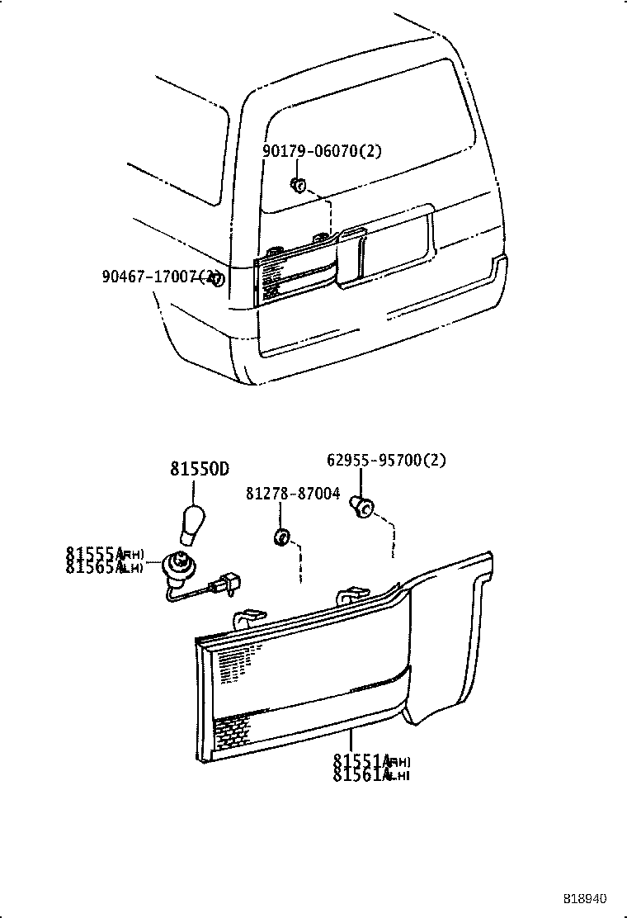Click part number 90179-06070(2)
[x=322, y=152]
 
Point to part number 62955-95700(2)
[x=385, y=461]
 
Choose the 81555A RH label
[x=105, y=553]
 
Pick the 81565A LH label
[x=105, y=566]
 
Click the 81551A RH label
[x=371, y=761]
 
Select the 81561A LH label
[x=371, y=774]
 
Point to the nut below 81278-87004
[x=280, y=538]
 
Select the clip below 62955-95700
[x=361, y=505]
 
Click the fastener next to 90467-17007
[x=217, y=279]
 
